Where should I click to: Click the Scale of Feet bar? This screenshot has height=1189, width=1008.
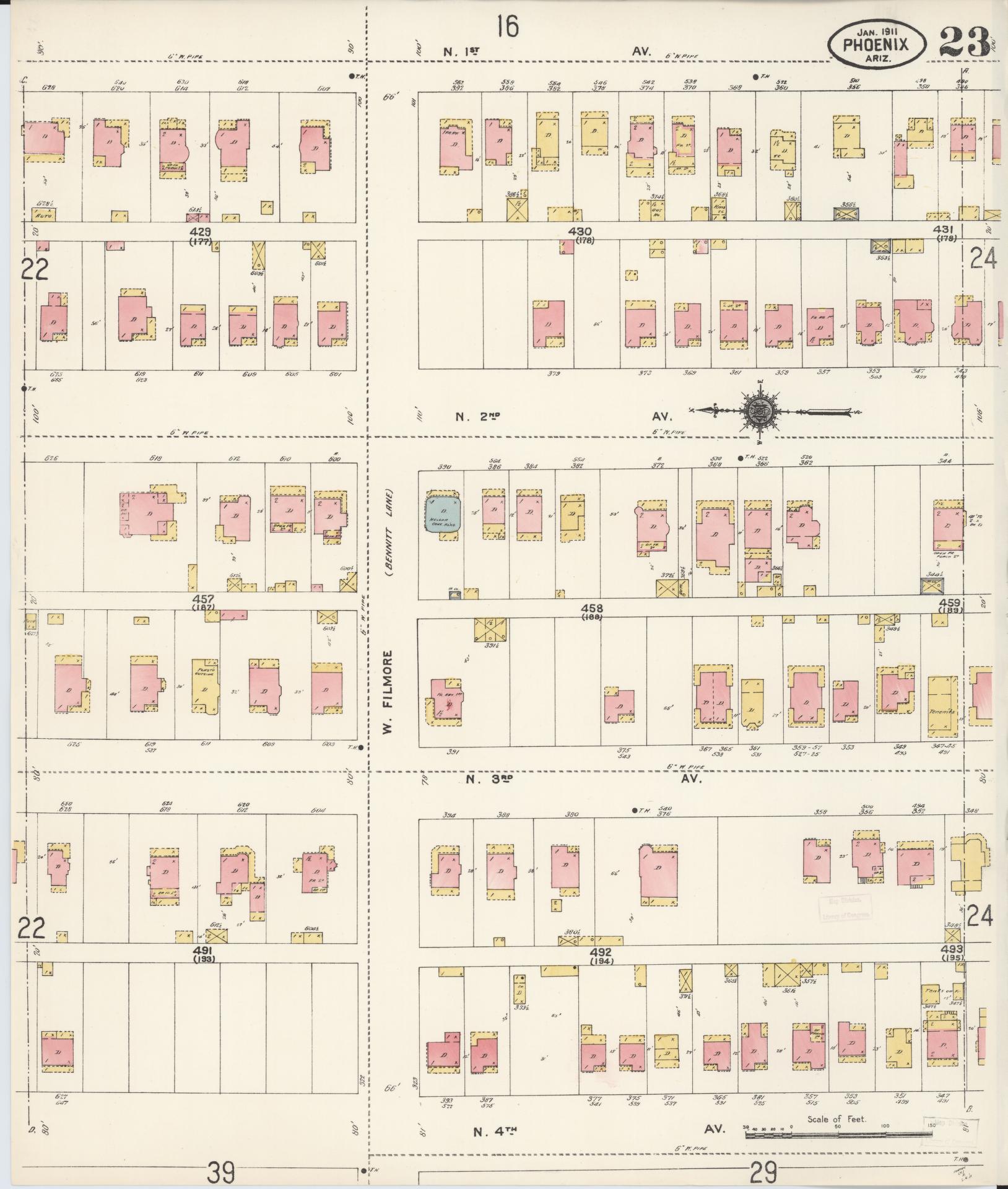click(839, 1135)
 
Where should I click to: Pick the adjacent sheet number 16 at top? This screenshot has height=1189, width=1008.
click(506, 27)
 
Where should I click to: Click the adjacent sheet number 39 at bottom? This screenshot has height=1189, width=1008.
click(222, 1172)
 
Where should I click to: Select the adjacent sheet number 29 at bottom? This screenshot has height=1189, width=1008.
click(763, 1172)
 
